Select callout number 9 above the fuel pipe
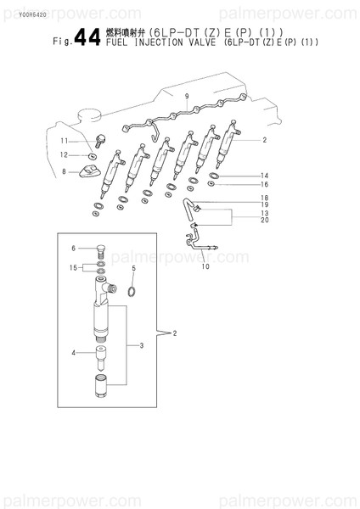(x=186, y=98)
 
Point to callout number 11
(x=64, y=140)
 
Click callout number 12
(x=64, y=155)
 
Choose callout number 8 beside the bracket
(x=64, y=171)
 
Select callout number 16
(x=264, y=184)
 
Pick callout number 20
(x=264, y=221)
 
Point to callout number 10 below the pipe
(x=205, y=267)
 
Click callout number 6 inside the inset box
(x=74, y=249)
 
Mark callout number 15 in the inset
(x=74, y=267)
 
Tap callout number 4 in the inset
(x=74, y=352)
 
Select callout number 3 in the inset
(x=142, y=345)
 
